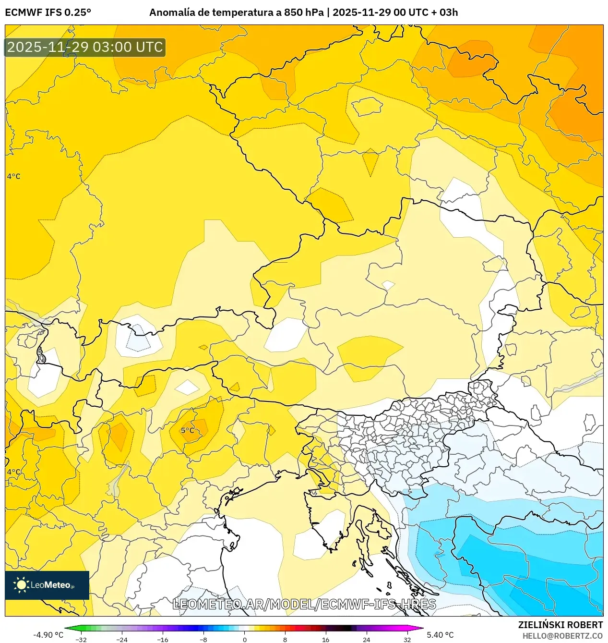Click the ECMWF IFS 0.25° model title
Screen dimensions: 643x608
pyautogui.click(x=48, y=12)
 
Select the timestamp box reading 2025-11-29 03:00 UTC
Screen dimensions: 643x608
pyautogui.click(x=85, y=47)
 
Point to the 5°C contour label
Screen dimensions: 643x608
pyautogui.click(x=188, y=430)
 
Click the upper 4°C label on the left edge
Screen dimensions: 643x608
pyautogui.click(x=13, y=176)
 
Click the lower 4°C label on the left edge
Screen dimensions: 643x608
pyautogui.click(x=13, y=472)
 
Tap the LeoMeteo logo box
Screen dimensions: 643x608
pyautogui.click(x=47, y=585)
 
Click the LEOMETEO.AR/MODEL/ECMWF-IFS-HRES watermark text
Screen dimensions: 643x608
pyautogui.click(x=304, y=604)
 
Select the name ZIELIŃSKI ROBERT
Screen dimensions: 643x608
pyautogui.click(x=560, y=625)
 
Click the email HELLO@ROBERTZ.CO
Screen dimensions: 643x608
pyautogui.click(x=562, y=636)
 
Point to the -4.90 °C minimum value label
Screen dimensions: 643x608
pyautogui.click(x=48, y=635)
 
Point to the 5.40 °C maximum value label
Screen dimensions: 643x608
pyautogui.click(x=440, y=635)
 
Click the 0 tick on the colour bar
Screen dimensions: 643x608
pyautogui.click(x=244, y=639)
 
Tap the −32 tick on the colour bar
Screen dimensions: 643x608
pyautogui.click(x=81, y=639)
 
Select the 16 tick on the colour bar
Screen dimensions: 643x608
pyautogui.click(x=326, y=639)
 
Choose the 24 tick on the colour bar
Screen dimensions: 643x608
pyautogui.click(x=367, y=639)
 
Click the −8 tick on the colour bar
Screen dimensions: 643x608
pyautogui.click(x=203, y=639)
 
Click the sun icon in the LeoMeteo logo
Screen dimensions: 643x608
pyautogui.click(x=21, y=585)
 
